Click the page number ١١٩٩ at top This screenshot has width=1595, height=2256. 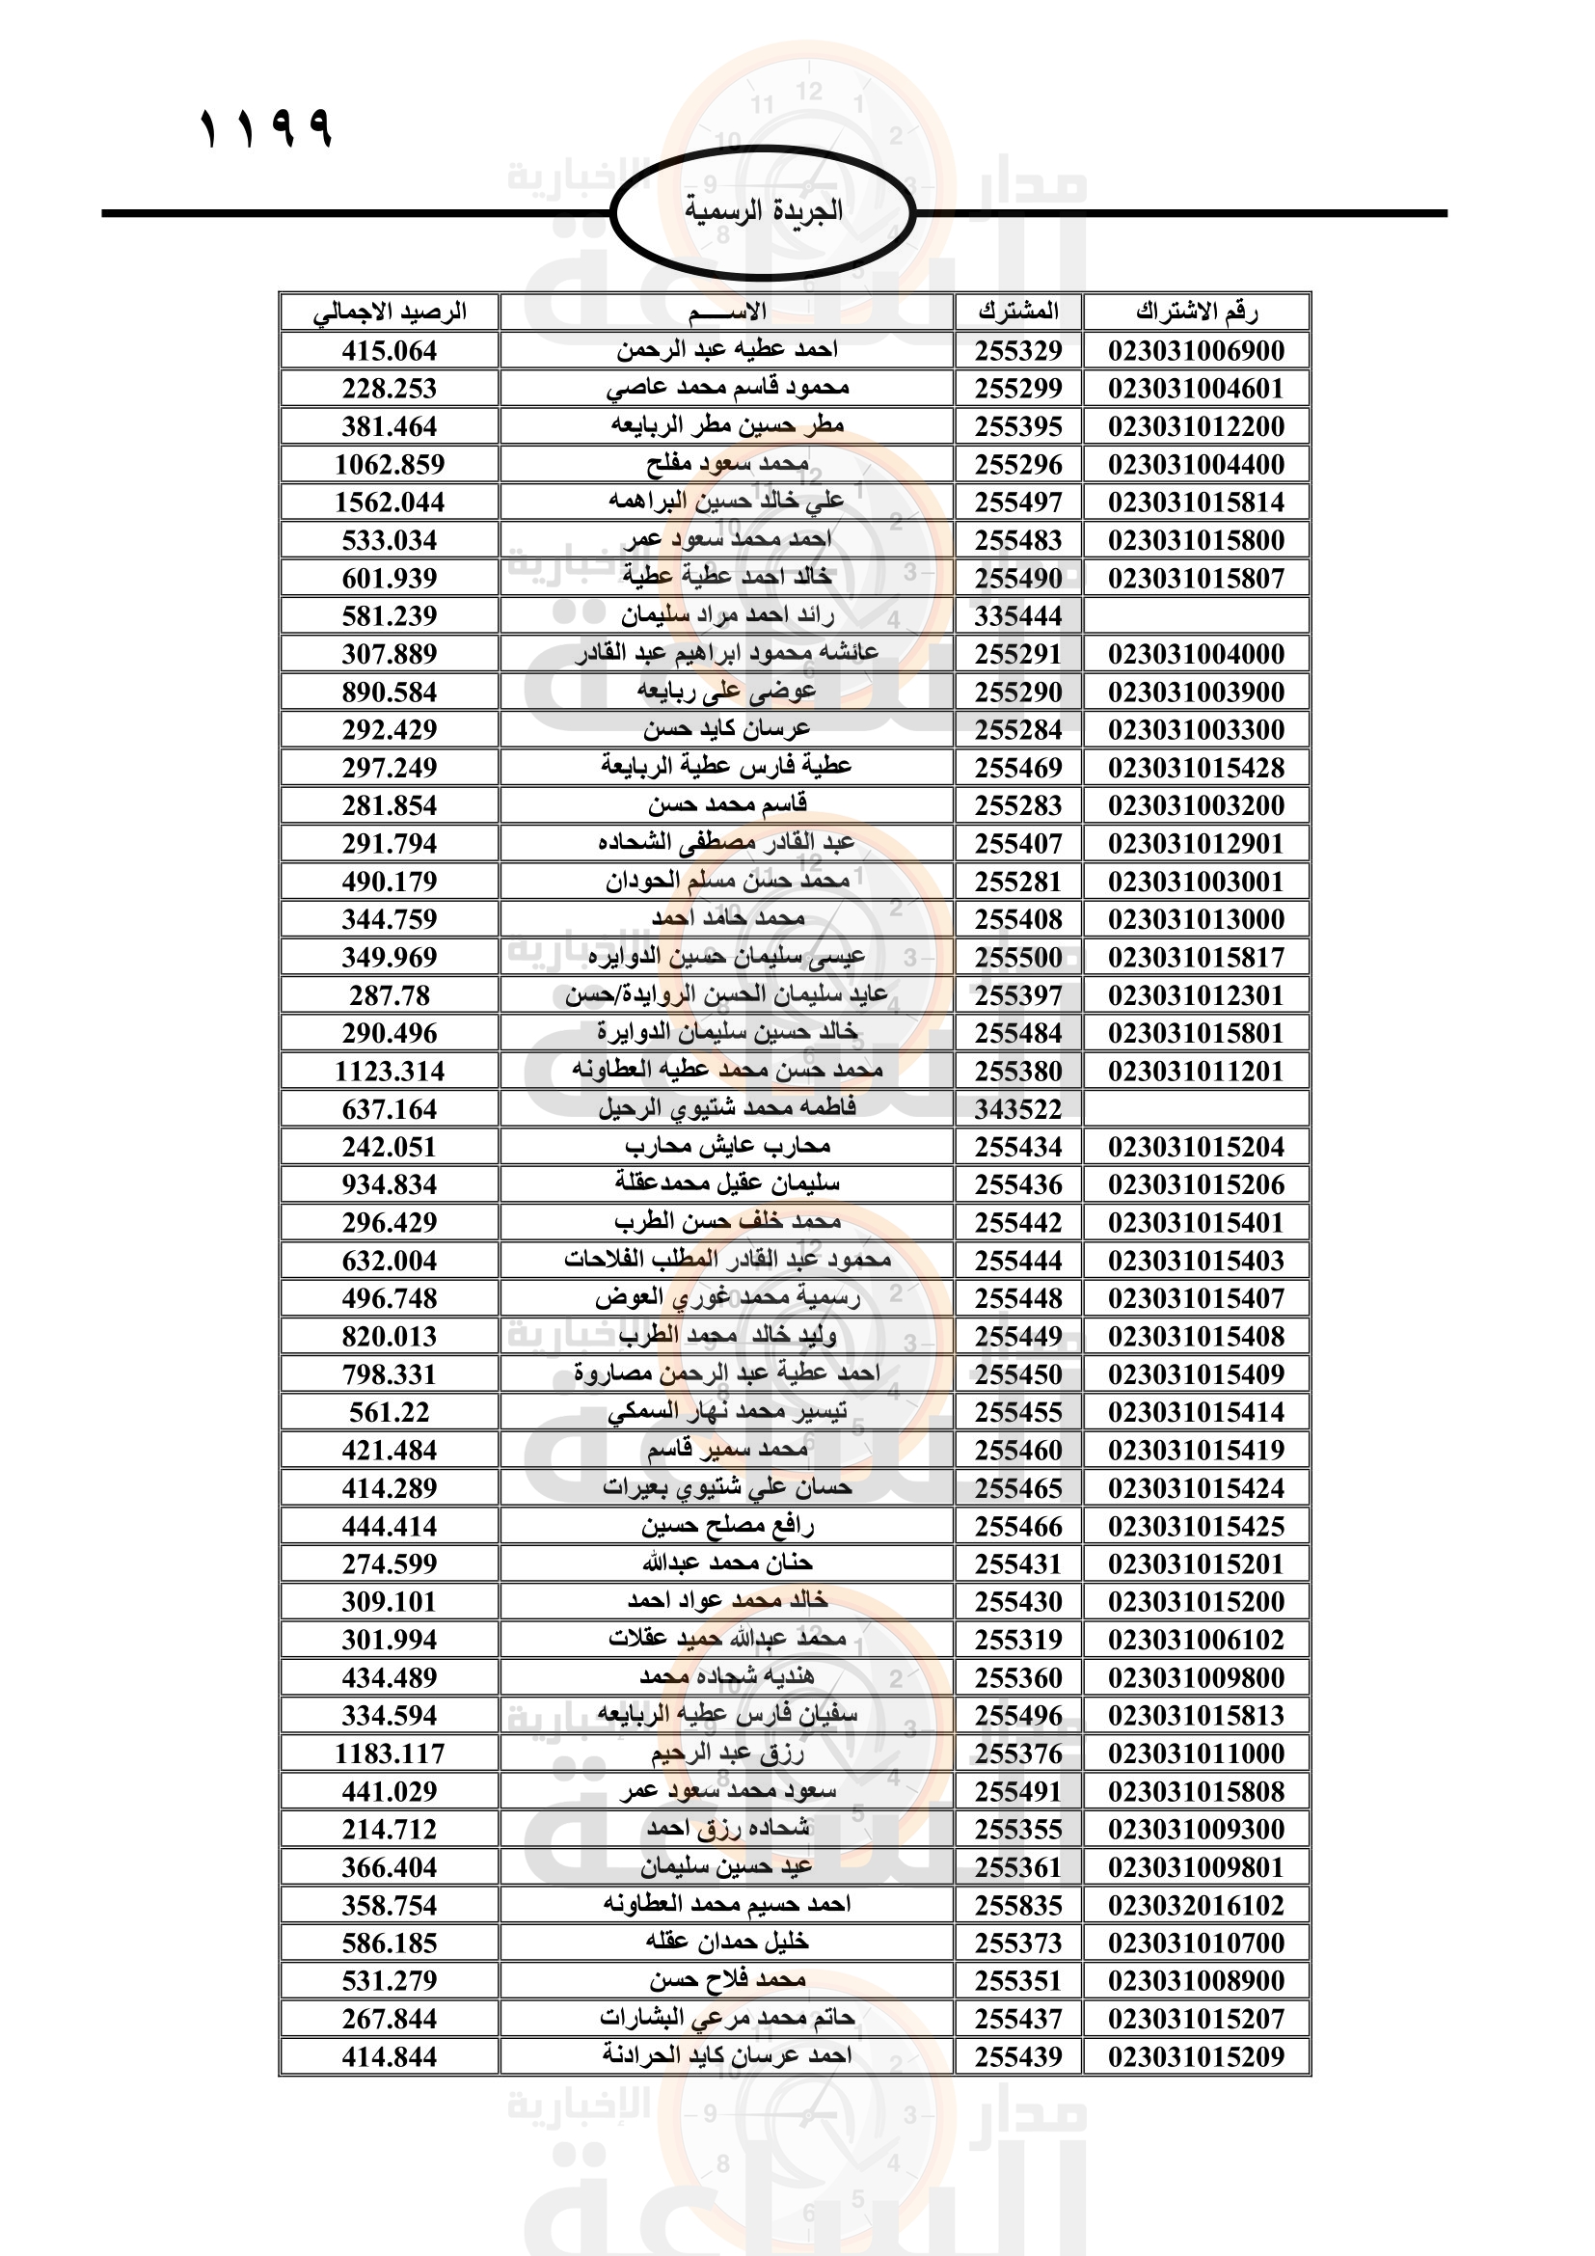coord(266,128)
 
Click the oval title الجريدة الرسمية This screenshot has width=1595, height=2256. coord(763,211)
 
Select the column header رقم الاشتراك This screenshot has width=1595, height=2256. coord(1196,313)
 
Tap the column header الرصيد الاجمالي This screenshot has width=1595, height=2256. coord(390,313)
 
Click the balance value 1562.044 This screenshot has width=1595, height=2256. coord(390,503)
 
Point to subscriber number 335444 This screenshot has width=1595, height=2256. coord(1018,616)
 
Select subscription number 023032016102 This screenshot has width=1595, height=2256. coord(1196,1905)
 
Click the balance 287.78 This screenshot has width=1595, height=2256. coord(390,995)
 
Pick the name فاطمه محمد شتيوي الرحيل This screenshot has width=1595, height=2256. coord(728,1108)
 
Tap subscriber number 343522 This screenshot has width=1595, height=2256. coord(1018,1109)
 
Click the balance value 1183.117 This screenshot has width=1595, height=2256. coord(390,1753)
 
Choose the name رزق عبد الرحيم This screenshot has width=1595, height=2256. coord(728,1753)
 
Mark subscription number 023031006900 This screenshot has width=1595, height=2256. coord(1196,351)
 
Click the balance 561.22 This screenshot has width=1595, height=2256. coord(390,1412)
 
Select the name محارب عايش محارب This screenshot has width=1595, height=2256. coord(728,1147)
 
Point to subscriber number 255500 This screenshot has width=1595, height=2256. coord(1018,957)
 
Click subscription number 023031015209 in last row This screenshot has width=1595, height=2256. coord(1196,2056)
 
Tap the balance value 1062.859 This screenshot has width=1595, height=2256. coord(390,464)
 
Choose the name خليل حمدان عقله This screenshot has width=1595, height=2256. coord(728,1943)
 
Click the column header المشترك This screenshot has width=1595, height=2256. coord(1018,313)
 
